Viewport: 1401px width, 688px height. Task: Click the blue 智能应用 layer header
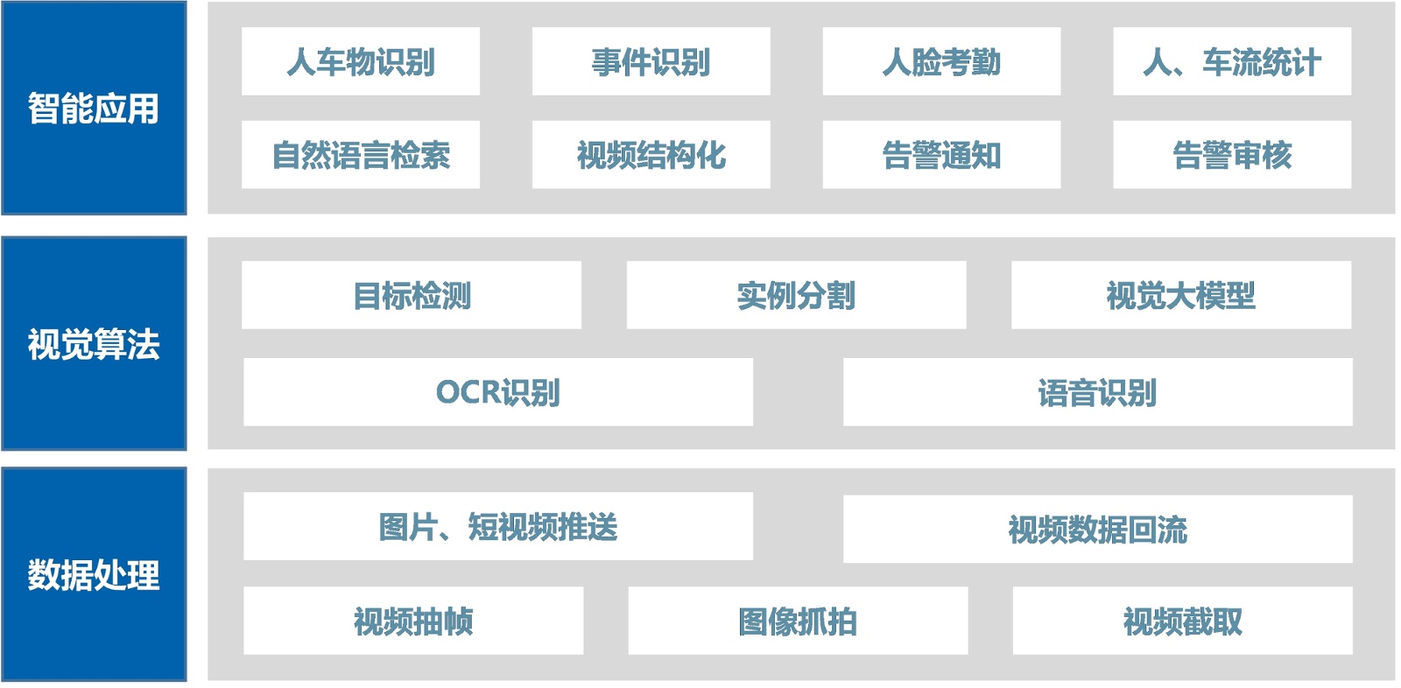click(94, 108)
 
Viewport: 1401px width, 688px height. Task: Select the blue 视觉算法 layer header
click(94, 343)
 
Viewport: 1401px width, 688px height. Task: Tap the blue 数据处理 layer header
click(94, 574)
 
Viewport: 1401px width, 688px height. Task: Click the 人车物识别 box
click(360, 61)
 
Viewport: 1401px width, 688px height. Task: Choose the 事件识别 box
click(651, 61)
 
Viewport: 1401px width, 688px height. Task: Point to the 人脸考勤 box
click(941, 61)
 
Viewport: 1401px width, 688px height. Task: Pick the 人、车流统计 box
click(1231, 61)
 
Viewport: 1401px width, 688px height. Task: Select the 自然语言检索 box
click(360, 155)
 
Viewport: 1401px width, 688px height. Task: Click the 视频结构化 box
click(651, 155)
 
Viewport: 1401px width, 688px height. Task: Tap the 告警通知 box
click(941, 155)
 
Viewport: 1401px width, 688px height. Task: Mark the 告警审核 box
click(1231, 155)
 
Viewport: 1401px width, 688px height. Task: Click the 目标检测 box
click(411, 295)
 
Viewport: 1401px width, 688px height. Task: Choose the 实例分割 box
click(796, 295)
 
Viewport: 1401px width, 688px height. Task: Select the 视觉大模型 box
click(1180, 295)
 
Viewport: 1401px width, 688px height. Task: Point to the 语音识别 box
click(1097, 392)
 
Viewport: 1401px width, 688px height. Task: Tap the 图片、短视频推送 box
click(497, 526)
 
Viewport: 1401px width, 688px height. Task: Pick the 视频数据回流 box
click(1097, 529)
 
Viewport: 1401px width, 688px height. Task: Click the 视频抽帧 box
click(412, 621)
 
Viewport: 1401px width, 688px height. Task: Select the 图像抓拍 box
click(798, 621)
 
